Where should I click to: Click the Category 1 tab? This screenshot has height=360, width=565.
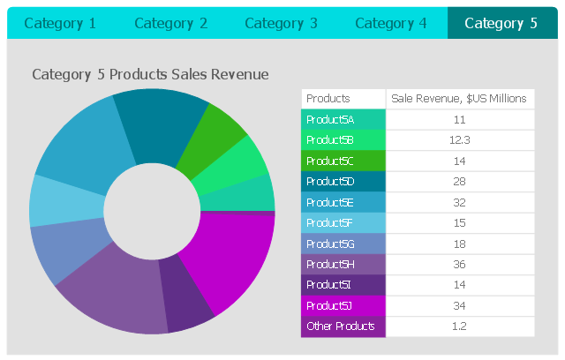[x=60, y=23]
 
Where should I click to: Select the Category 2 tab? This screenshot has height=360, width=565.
[x=170, y=23]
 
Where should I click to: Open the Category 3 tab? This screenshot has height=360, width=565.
[x=281, y=23]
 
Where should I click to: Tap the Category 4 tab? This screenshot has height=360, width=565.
[x=391, y=23]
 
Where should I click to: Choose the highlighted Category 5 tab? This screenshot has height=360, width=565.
[x=501, y=23]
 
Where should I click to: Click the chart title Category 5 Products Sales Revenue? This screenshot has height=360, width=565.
[x=150, y=75]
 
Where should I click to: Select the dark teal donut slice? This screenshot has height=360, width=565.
[x=159, y=124]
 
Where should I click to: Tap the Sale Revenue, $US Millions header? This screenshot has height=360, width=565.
[x=459, y=99]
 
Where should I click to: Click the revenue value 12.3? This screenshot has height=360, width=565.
[x=459, y=140]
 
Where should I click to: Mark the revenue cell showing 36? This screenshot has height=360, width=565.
[x=459, y=264]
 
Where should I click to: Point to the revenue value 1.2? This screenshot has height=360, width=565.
[x=459, y=326]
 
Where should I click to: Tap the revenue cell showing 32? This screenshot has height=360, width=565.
[x=459, y=202]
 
